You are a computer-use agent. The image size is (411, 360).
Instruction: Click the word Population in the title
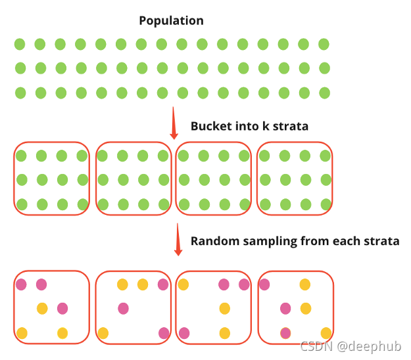[171, 20]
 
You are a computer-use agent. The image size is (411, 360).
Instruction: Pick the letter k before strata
[267, 126]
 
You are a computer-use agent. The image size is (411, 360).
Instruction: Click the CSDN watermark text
[315, 346]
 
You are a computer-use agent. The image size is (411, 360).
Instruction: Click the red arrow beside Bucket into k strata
[174, 123]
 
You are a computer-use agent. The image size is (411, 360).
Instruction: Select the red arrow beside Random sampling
[177, 240]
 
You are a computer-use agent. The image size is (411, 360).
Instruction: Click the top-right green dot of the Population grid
[324, 44]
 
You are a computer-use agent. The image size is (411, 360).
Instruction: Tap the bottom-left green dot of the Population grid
[20, 93]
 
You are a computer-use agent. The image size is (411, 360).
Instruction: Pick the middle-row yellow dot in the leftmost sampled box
[42, 308]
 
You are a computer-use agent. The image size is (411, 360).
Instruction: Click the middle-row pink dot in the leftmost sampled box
[62, 308]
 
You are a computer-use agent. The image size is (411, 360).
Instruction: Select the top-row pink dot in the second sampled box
[163, 284]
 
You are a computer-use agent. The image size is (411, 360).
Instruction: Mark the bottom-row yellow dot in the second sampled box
[103, 333]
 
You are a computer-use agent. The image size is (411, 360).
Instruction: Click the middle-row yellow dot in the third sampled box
[224, 308]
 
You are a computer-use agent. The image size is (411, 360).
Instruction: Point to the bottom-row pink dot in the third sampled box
[184, 333]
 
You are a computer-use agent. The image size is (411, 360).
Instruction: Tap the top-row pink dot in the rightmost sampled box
[264, 284]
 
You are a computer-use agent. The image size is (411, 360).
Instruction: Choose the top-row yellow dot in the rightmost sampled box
[305, 284]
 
